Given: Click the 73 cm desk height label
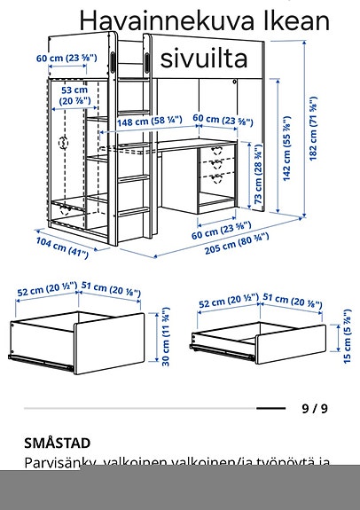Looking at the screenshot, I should (257, 184).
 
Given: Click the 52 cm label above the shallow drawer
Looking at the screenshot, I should (222, 303).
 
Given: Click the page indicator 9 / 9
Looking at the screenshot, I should (314, 409).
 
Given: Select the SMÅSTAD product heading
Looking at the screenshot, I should (58, 443).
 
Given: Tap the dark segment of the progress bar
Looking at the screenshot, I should (270, 409).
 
